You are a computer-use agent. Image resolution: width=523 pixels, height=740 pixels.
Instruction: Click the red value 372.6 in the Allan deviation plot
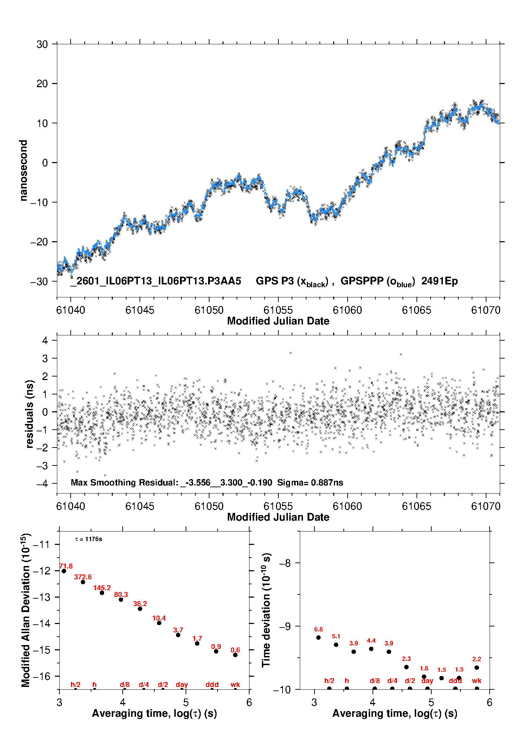click(83, 577)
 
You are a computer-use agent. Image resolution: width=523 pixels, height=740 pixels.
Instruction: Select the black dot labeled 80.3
click(121, 599)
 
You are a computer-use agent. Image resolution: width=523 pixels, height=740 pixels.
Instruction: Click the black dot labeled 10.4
click(159, 623)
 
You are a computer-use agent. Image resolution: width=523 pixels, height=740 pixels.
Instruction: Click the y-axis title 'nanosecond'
click(23, 170)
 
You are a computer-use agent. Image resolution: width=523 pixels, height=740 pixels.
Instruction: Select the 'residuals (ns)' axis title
click(30, 414)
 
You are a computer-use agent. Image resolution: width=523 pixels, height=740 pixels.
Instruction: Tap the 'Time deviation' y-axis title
click(266, 610)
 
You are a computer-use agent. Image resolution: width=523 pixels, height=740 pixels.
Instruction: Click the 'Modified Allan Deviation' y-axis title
click(26, 610)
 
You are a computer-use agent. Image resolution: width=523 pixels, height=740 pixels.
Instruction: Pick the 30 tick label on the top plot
click(42, 44)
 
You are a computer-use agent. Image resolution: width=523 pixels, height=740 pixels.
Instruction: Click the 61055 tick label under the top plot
click(278, 310)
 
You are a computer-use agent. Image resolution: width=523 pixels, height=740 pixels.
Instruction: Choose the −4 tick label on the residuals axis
click(42, 483)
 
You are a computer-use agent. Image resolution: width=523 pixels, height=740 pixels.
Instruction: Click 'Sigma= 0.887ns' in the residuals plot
click(310, 482)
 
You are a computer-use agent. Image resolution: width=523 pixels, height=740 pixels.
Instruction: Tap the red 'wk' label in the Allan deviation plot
click(235, 684)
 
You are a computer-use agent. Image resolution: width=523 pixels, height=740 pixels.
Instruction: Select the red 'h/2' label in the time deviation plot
click(329, 681)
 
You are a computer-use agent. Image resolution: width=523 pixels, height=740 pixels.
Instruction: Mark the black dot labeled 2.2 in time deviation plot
click(477, 668)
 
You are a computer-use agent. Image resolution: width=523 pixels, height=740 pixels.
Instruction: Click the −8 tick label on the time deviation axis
click(285, 563)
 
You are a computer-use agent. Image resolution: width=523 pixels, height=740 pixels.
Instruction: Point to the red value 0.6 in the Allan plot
click(235, 650)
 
